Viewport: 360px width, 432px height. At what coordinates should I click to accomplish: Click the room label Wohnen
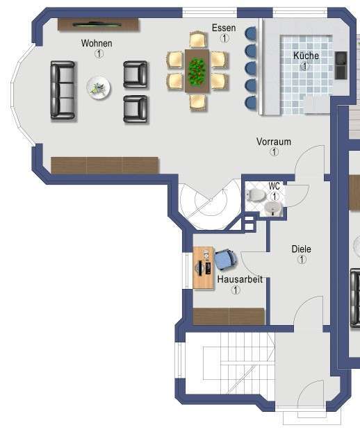[97, 43]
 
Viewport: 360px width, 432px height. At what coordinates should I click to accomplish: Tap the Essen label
[224, 28]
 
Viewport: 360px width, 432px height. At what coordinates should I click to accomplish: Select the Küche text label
[305, 56]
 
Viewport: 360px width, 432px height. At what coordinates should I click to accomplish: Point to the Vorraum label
[274, 142]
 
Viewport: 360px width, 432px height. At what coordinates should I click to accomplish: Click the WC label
[275, 186]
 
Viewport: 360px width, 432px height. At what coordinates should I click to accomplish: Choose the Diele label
[302, 249]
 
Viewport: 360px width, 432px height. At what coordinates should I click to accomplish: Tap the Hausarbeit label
[236, 279]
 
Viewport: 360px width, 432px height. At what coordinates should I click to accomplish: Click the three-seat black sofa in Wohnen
[63, 89]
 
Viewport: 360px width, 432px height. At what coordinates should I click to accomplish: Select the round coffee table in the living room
[99, 88]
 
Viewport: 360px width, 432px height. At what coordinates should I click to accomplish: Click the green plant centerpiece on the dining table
[197, 69]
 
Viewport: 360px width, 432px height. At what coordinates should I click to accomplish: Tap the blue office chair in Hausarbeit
[224, 259]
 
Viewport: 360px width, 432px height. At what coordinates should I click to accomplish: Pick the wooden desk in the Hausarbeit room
[204, 267]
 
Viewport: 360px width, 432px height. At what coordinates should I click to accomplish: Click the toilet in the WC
[255, 195]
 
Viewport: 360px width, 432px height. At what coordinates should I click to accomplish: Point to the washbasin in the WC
[274, 208]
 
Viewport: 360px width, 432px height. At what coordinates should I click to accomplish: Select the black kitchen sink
[341, 65]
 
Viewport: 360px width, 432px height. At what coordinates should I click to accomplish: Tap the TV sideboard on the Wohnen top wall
[98, 24]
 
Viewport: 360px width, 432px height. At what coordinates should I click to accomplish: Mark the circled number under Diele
[302, 260]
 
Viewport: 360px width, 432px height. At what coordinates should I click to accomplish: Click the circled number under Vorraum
[274, 152]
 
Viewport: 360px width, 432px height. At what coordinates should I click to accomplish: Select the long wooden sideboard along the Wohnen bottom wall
[105, 165]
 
